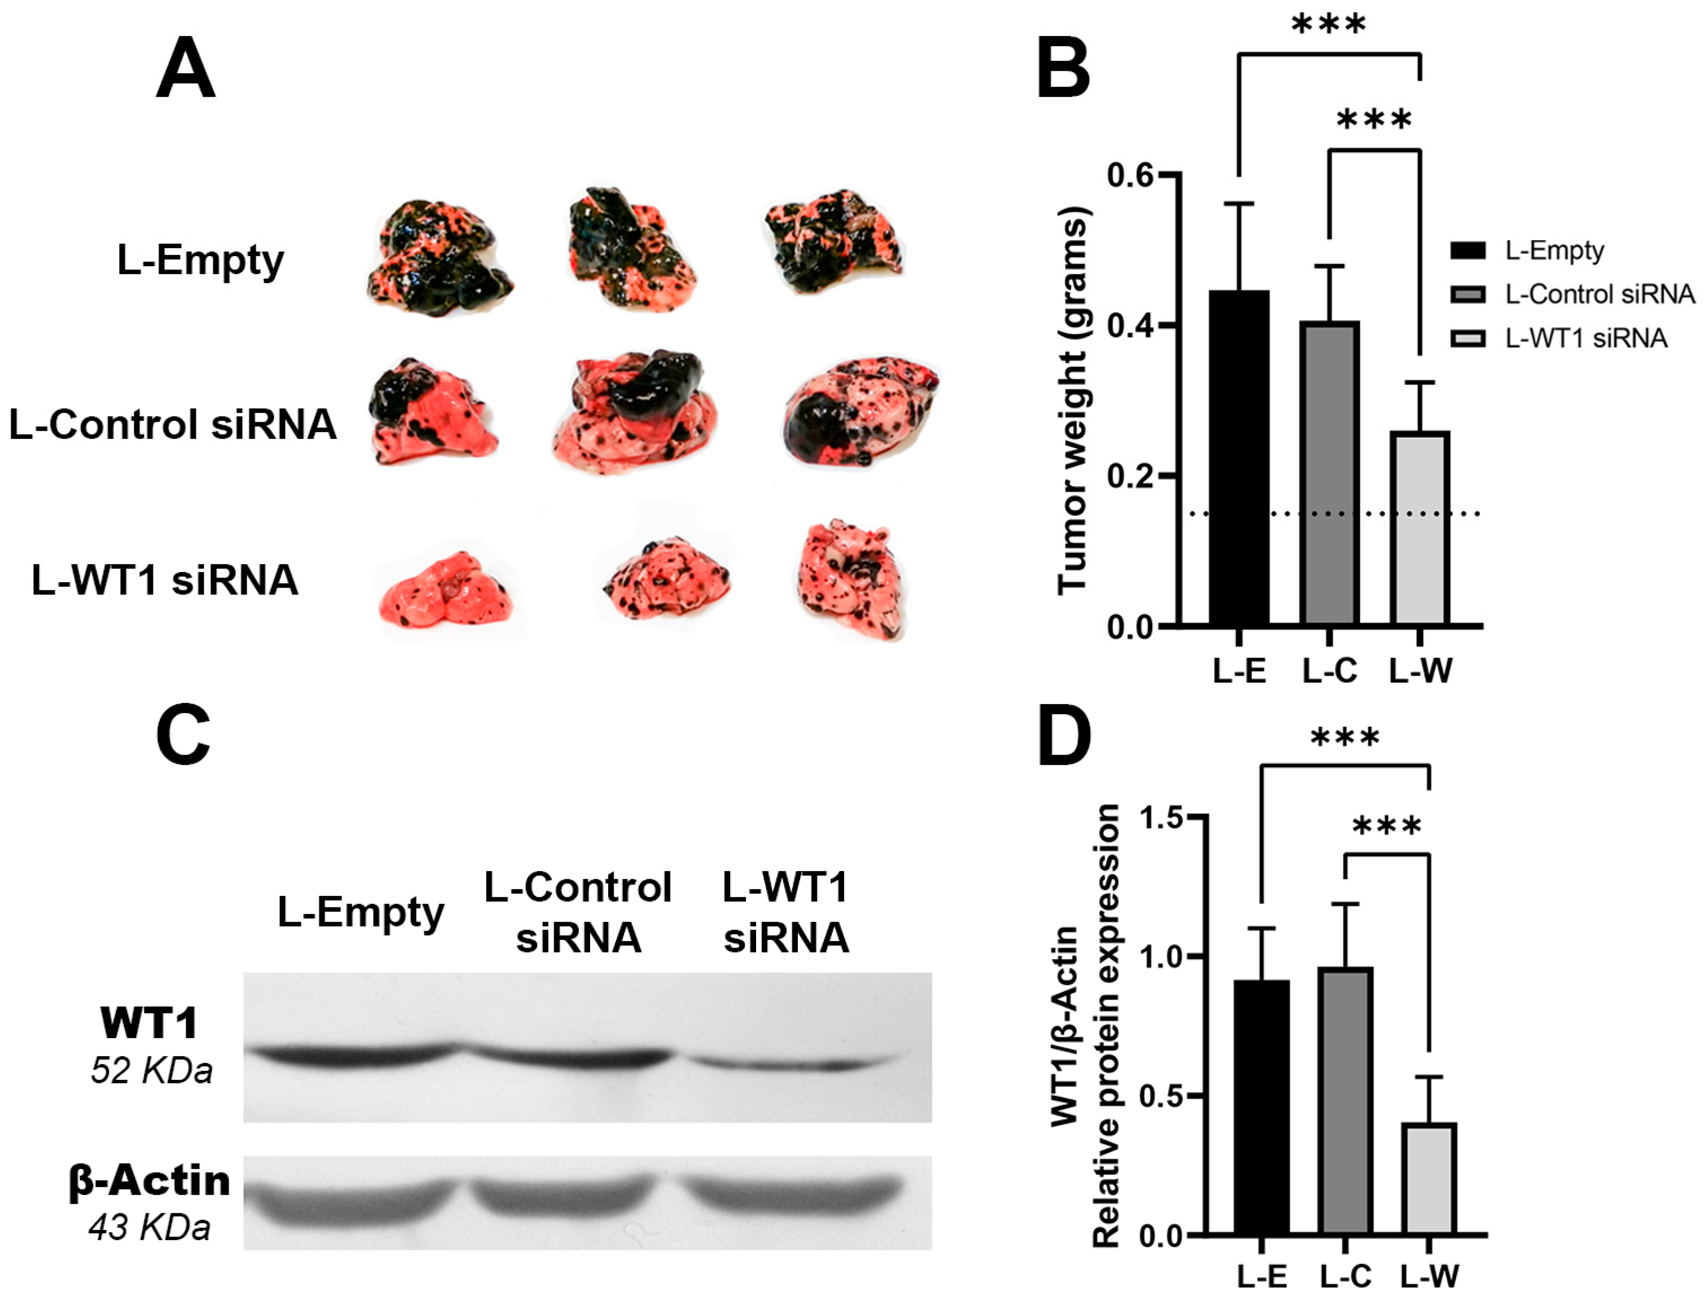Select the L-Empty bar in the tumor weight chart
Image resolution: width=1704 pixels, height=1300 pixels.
(1239, 456)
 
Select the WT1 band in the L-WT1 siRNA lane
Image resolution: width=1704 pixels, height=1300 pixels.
(789, 1064)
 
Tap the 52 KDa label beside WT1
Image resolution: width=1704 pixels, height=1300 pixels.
(151, 1071)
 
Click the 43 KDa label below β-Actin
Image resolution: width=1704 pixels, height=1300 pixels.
(150, 1228)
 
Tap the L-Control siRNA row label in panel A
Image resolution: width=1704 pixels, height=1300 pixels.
(173, 425)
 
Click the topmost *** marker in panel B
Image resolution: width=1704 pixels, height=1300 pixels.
(1329, 25)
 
